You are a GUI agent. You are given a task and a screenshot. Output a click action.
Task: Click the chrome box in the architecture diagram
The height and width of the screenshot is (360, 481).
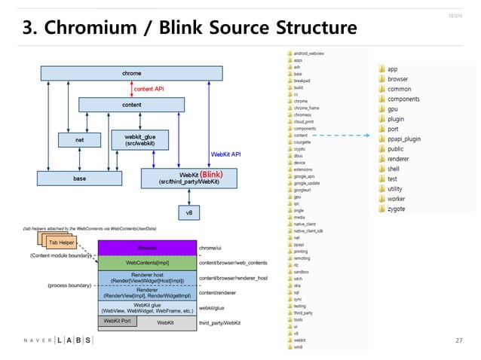pos(131,73)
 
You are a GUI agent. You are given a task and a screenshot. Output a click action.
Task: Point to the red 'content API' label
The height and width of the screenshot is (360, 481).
pos(149,89)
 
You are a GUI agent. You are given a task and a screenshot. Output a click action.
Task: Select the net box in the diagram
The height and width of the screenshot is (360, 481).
pos(79,139)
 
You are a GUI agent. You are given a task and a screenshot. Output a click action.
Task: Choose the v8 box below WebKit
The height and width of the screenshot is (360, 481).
pos(190,213)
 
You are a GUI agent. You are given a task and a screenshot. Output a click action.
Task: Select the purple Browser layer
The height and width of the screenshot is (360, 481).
pos(146,247)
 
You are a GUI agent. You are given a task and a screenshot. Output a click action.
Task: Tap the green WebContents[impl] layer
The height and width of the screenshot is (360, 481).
pos(146,263)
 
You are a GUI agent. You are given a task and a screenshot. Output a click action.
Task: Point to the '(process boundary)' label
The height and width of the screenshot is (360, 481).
pos(69,286)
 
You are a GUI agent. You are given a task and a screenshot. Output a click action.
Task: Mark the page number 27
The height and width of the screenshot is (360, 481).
pos(458,340)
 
